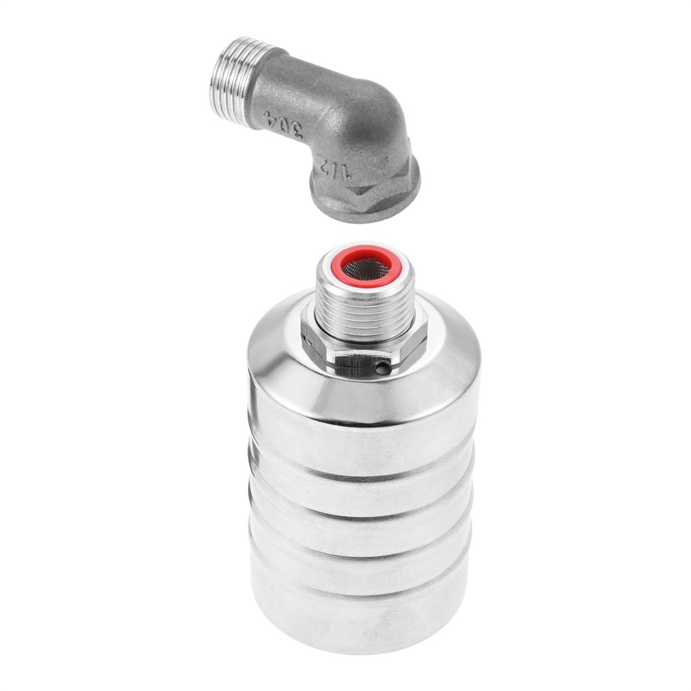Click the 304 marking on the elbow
[283, 125]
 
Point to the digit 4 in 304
[269, 118]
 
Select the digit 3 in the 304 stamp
[296, 131]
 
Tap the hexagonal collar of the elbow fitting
[366, 189]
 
